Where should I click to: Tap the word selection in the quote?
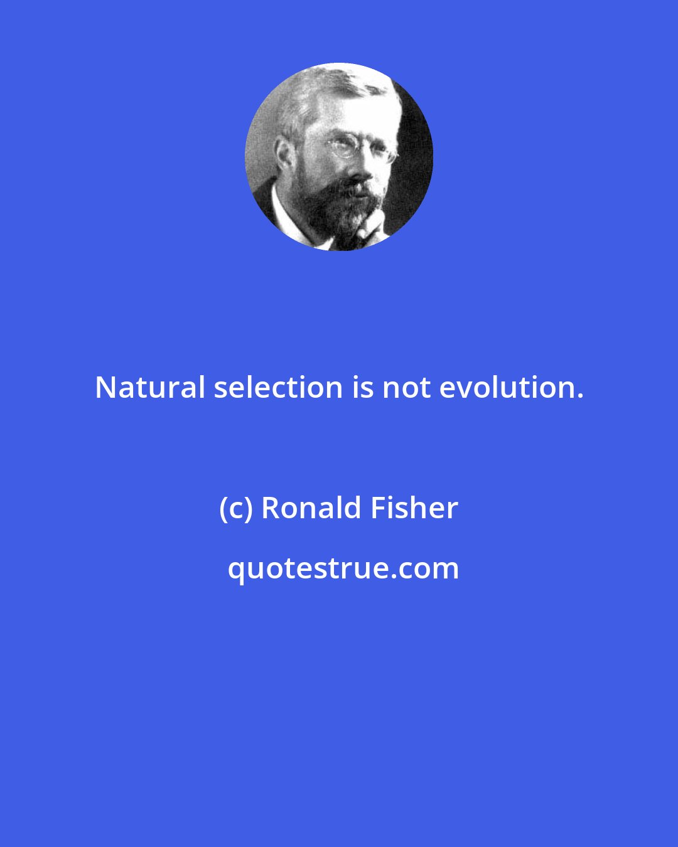point(278,388)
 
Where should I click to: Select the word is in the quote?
point(363,388)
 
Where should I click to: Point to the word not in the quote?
point(407,388)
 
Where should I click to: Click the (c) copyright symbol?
point(236,508)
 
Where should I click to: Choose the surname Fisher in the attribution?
point(414,508)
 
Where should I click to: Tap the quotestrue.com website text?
point(343,568)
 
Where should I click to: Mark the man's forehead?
point(352,119)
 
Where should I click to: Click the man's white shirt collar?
point(286,216)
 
